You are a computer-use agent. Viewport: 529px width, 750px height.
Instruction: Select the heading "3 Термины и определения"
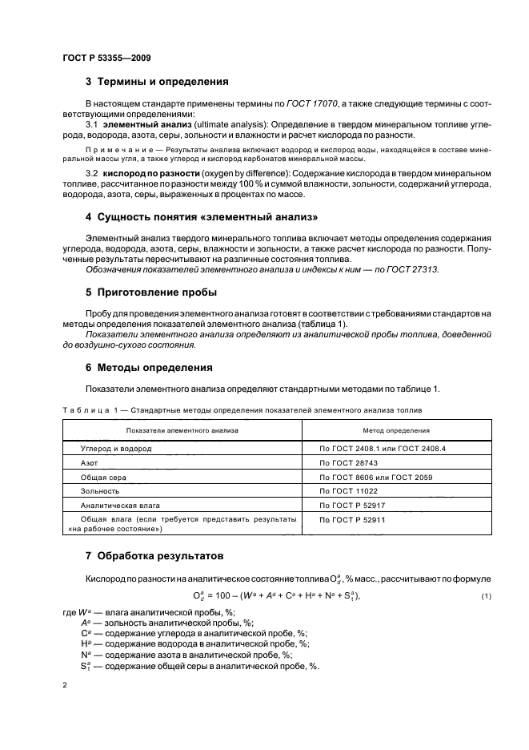[157, 82]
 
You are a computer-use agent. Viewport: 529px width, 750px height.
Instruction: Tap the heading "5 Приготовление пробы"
[151, 292]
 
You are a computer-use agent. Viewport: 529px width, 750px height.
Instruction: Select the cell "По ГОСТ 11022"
[348, 490]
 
